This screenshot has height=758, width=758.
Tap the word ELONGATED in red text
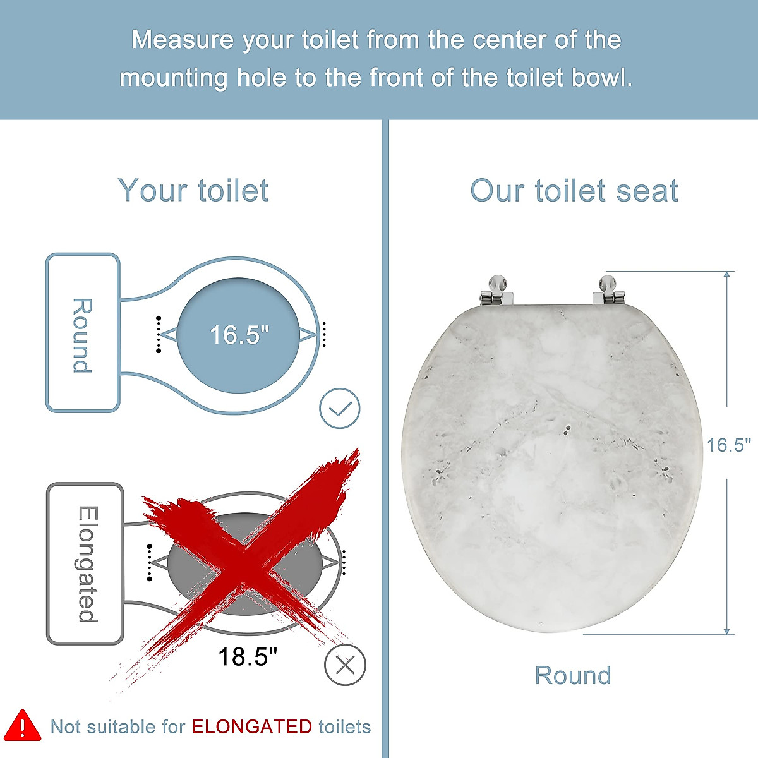tap(251, 727)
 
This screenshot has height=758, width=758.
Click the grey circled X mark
tap(345, 665)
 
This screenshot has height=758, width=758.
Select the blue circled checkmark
tap(340, 409)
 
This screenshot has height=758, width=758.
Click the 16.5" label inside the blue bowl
tap(239, 335)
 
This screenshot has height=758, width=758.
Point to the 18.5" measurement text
tap(248, 657)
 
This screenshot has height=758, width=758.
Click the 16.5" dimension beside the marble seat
tap(728, 445)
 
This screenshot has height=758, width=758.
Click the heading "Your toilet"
tap(193, 191)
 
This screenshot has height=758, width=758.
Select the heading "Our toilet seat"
tap(574, 191)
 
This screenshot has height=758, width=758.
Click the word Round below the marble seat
tap(572, 675)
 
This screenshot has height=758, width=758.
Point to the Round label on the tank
tap(82, 335)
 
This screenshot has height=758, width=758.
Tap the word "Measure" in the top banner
tap(183, 40)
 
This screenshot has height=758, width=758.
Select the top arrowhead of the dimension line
tap(727, 275)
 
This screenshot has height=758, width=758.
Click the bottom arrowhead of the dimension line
tap(727, 630)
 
